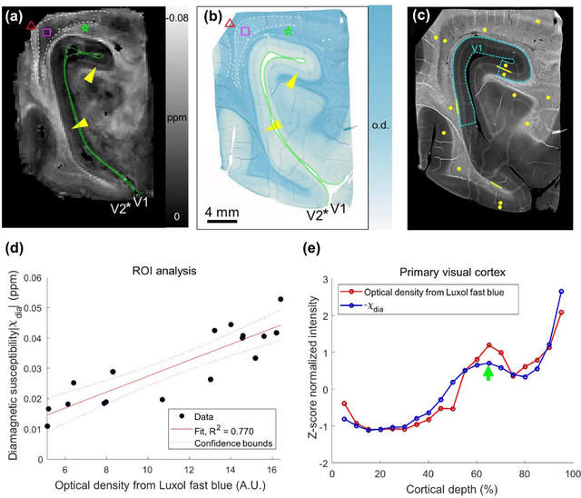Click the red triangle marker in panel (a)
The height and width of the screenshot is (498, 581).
pyautogui.click(x=32, y=25)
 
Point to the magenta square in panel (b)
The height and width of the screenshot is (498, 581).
pyautogui.click(x=245, y=32)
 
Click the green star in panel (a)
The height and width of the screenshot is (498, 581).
pyautogui.click(x=85, y=28)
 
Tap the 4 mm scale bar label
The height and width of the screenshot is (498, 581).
pyautogui.click(x=222, y=213)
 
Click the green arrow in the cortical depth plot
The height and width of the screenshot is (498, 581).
pyautogui.click(x=488, y=371)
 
